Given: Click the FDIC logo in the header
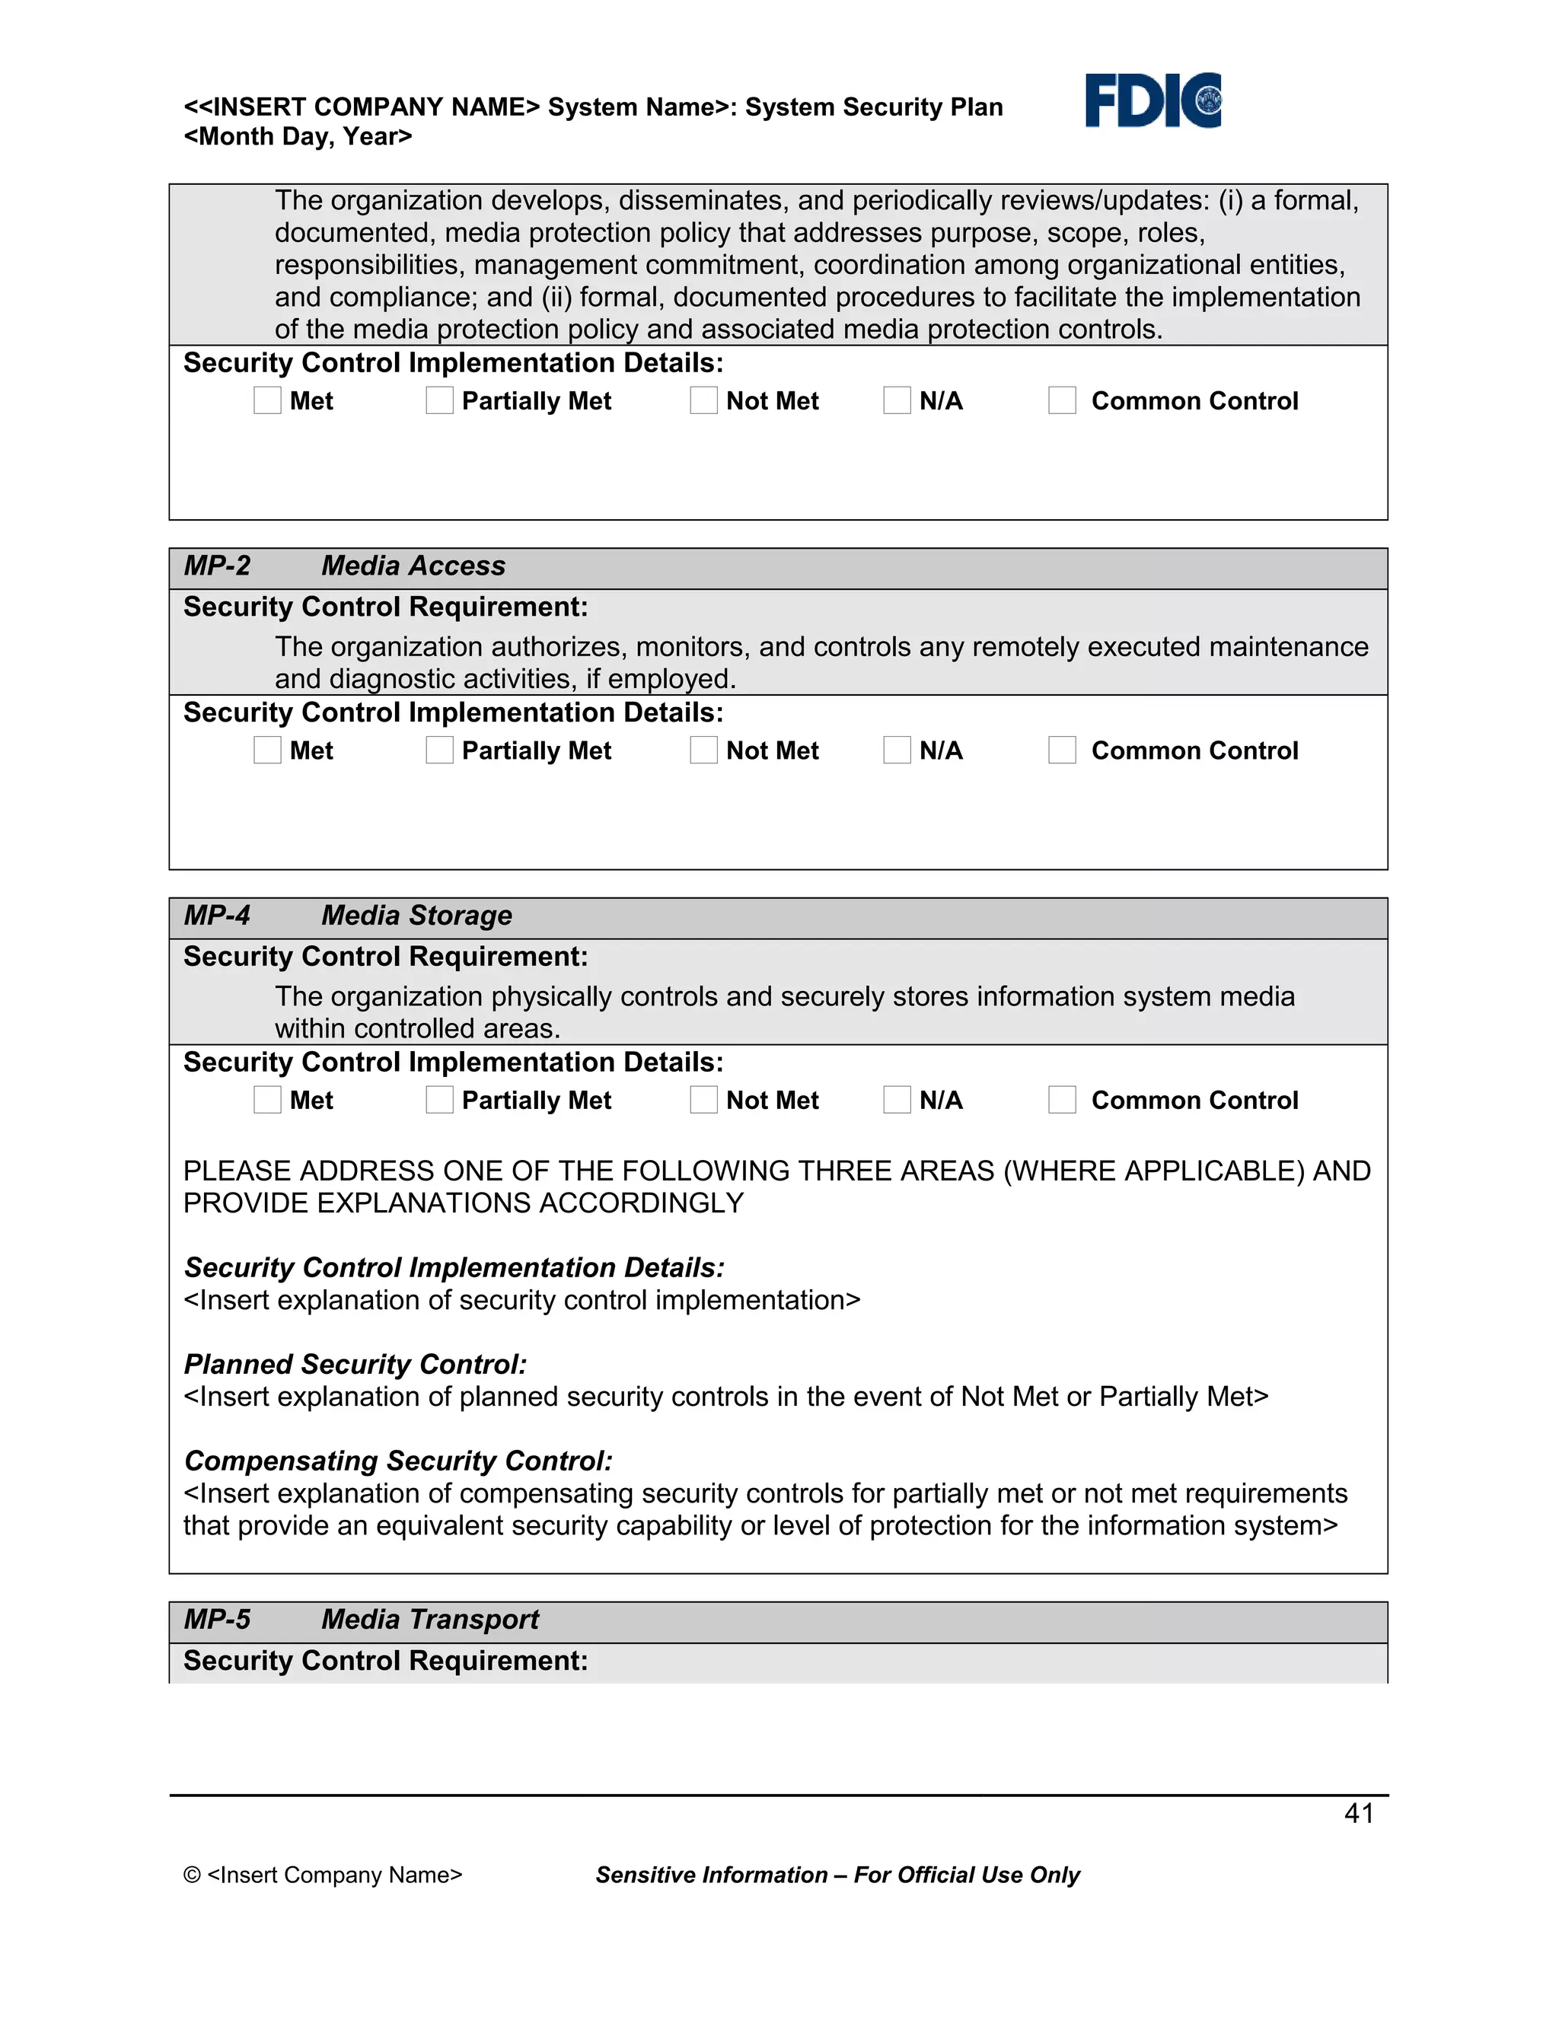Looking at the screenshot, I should pyautogui.click(x=1152, y=100).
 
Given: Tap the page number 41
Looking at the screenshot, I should pyautogui.click(x=1359, y=1813).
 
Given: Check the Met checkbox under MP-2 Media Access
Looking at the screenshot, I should pyautogui.click(x=267, y=750).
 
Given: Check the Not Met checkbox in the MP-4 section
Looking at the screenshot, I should pyautogui.click(x=704, y=1100).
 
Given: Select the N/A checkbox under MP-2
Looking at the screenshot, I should pyautogui.click(x=897, y=750).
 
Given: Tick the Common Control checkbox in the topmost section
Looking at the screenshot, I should pyautogui.click(x=1062, y=401).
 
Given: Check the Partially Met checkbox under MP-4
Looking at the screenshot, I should pyautogui.click(x=440, y=1100).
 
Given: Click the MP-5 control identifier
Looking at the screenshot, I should pyautogui.click(x=217, y=1619).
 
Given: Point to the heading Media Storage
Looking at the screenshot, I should pyautogui.click(x=416, y=915).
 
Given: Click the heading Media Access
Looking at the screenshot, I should pyautogui.click(x=413, y=566).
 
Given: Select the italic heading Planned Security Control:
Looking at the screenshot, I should pyautogui.click(x=355, y=1364).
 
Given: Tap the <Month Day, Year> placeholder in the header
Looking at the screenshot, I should pyautogui.click(x=298, y=137).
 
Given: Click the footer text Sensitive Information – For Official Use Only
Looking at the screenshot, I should pyautogui.click(x=837, y=1875).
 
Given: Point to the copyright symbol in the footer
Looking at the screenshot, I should pyautogui.click(x=192, y=1875).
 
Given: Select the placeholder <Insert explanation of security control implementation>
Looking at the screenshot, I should pyautogui.click(x=521, y=1300).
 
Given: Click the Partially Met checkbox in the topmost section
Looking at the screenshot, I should pyautogui.click(x=440, y=401).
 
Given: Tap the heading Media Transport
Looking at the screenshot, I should pyautogui.click(x=429, y=1619).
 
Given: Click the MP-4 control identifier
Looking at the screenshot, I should pyautogui.click(x=217, y=915).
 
